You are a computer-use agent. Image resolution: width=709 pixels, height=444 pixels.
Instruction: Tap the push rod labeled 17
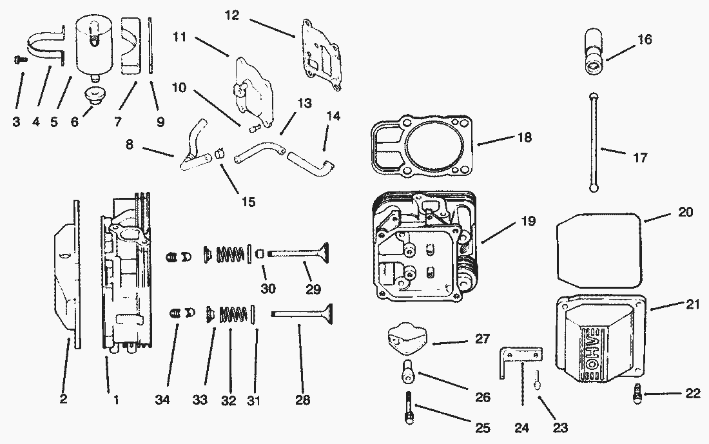tap(592, 142)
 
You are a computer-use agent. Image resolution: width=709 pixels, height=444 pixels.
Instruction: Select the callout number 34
tap(162, 400)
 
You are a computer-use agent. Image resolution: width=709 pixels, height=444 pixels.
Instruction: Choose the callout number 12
tap(233, 15)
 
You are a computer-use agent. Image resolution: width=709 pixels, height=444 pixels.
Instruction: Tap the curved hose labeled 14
tap(312, 159)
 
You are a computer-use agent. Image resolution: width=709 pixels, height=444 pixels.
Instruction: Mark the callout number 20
tap(685, 212)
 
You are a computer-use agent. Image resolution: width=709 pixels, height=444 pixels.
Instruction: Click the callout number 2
tap(63, 399)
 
